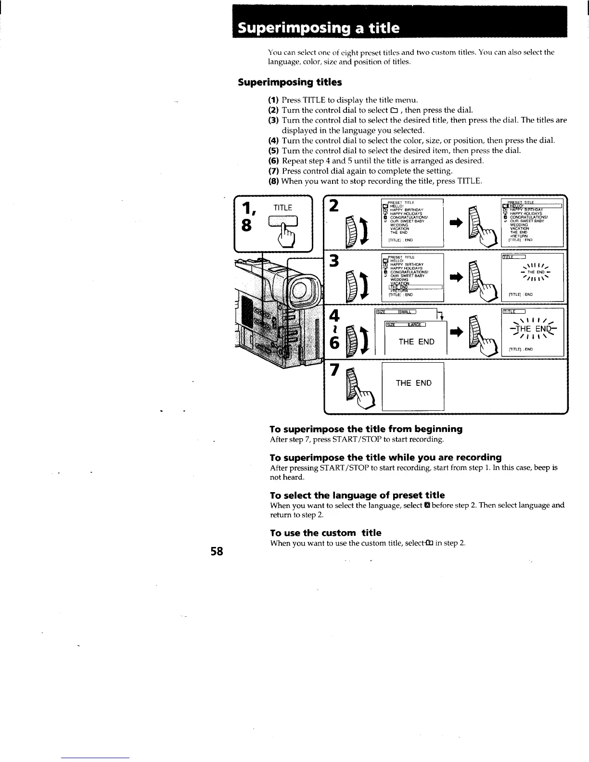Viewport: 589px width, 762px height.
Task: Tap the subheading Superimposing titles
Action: [290, 82]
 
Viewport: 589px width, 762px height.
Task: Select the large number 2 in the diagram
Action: [335, 205]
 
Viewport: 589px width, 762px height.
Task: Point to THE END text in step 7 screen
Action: [413, 383]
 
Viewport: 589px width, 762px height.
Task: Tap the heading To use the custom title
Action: [325, 533]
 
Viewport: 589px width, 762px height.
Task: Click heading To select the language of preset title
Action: [357, 495]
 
